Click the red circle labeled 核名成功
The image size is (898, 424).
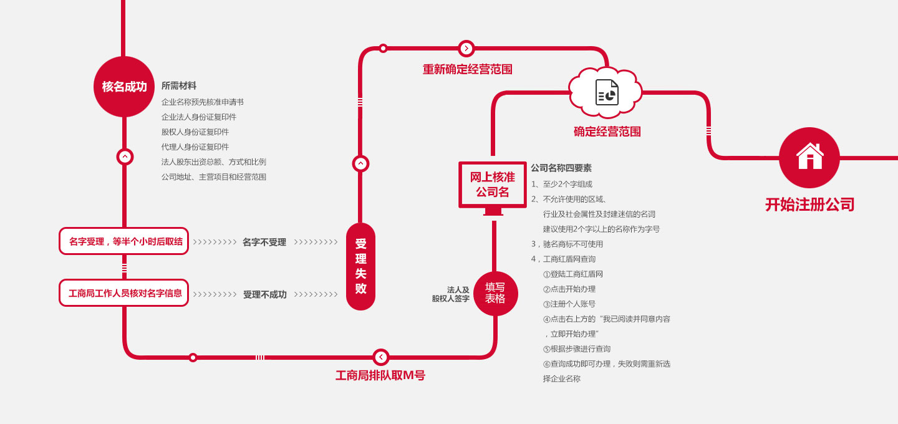pyautogui.click(x=124, y=87)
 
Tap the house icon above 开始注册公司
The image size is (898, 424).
pyautogui.click(x=809, y=157)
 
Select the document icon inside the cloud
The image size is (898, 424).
pyautogui.click(x=606, y=93)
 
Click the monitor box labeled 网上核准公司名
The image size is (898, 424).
pyautogui.click(x=492, y=185)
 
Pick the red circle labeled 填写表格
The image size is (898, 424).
pyautogui.click(x=495, y=293)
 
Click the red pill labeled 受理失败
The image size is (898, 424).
pyautogui.click(x=360, y=266)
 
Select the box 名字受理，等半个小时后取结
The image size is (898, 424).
pyautogui.click(x=123, y=241)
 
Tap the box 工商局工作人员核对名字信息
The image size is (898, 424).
pyautogui.click(x=123, y=293)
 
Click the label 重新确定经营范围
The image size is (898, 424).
pyautogui.click(x=467, y=69)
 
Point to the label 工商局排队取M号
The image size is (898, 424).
pyautogui.click(x=380, y=375)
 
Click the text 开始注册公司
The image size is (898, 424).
pyautogui.click(x=809, y=205)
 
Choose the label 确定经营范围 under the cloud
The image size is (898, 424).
pyautogui.click(x=607, y=132)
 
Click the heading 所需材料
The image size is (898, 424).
pyautogui.click(x=179, y=86)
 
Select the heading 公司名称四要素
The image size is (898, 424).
pyautogui.click(x=561, y=168)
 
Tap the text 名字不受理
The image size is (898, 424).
pyautogui.click(x=264, y=242)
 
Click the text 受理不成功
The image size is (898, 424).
pyautogui.click(x=264, y=294)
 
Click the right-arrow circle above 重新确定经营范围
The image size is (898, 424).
pyautogui.click(x=466, y=49)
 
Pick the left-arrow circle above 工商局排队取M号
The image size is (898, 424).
pyautogui.click(x=381, y=357)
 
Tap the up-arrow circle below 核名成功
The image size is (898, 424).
pyautogui.click(x=125, y=157)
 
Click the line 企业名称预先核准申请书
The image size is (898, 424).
pyautogui.click(x=202, y=102)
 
